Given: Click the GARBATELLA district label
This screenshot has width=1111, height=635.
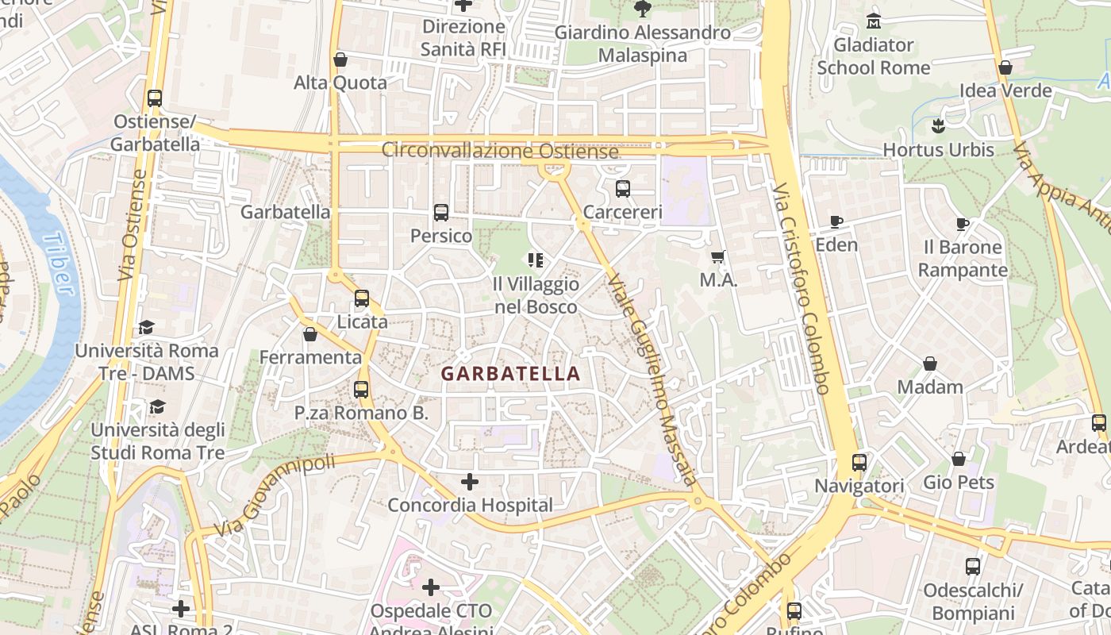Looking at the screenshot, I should tap(510, 374).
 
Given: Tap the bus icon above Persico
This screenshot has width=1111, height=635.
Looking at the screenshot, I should tap(441, 213).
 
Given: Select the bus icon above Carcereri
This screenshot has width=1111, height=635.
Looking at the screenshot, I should tap(623, 189).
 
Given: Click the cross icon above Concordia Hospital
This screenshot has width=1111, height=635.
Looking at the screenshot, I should tap(470, 482).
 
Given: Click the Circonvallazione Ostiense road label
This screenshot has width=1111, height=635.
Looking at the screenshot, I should tap(500, 150).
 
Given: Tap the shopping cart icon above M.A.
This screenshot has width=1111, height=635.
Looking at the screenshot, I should tap(718, 256).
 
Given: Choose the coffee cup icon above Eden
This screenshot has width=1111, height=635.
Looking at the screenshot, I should tap(836, 221).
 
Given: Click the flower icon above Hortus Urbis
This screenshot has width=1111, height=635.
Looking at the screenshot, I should tap(938, 125).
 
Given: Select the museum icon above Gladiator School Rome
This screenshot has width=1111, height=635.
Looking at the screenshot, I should tap(875, 21).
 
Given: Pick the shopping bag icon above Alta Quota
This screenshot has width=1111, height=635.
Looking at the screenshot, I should tap(340, 60).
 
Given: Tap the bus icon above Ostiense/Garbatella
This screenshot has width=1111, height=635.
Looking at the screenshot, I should tap(155, 98).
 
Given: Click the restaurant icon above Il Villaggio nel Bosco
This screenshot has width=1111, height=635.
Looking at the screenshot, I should tap(536, 260).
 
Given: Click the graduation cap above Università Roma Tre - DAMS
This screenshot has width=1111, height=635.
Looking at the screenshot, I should tap(146, 327).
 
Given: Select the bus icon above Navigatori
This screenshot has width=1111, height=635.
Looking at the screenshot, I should tap(859, 462).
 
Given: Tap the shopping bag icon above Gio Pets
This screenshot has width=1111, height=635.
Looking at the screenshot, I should tap(959, 459).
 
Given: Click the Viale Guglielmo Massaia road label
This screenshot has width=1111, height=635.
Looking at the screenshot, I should tap(652, 379).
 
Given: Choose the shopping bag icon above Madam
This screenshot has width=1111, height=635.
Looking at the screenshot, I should tap(929, 364).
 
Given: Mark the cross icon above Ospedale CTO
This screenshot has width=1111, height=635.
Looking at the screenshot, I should tap(431, 587).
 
